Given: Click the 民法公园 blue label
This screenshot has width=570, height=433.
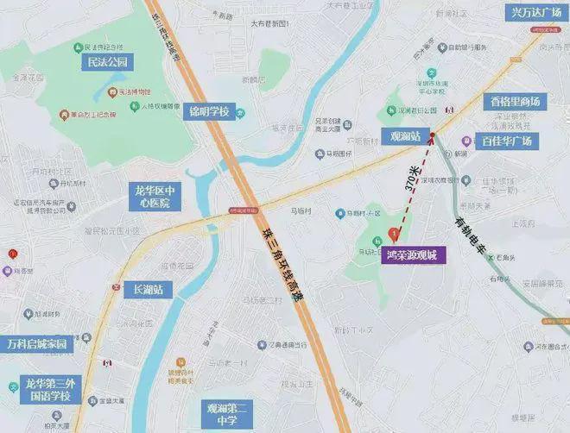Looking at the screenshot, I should coord(107,63).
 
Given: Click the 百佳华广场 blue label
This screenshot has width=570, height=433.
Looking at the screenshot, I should coord(509,141).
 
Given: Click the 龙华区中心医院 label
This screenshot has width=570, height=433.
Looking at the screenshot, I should coord(156,198).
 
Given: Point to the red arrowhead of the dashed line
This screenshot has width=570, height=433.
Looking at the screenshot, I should coord(430,138).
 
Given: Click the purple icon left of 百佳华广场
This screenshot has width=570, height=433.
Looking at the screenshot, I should coord(467,141).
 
